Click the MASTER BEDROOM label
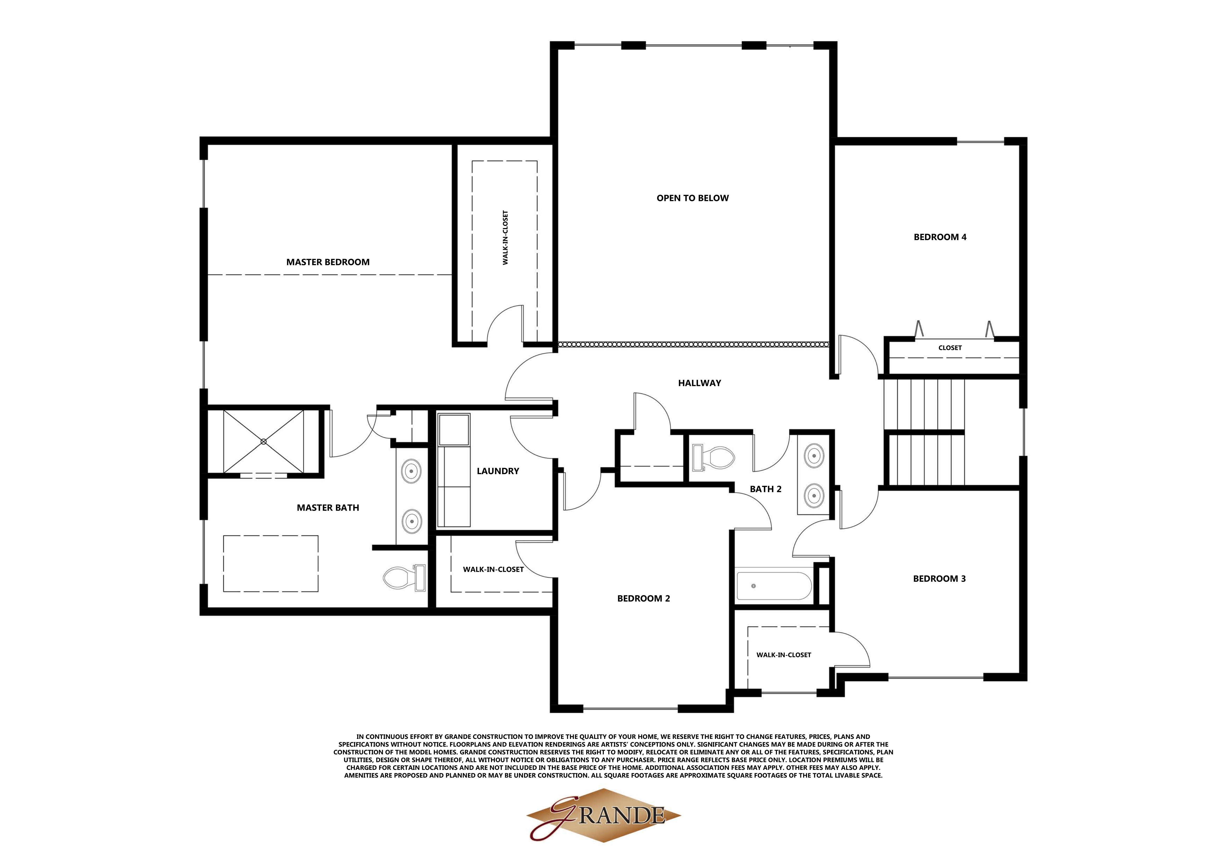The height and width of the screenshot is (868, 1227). tap(328, 262)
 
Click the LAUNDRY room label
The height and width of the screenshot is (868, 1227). tap(498, 471)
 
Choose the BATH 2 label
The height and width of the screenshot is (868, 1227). tap(765, 489)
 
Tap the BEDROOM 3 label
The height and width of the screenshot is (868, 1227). tap(939, 578)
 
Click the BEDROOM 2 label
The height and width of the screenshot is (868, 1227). tap(643, 598)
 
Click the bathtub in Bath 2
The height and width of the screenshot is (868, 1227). tap(773, 586)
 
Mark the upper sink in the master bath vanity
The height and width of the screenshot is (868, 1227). tap(411, 472)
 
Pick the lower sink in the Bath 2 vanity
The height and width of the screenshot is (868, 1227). tap(814, 495)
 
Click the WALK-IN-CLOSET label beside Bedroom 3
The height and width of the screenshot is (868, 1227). tap(783, 655)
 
